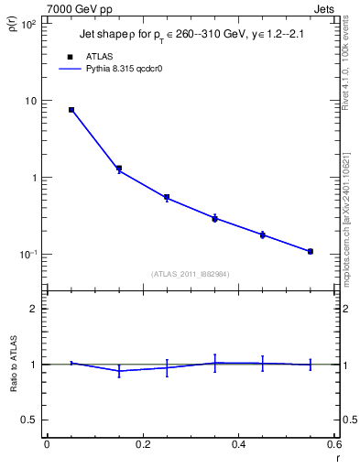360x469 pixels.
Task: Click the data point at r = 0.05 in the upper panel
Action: [71, 110]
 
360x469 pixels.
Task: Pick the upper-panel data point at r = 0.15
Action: [119, 169]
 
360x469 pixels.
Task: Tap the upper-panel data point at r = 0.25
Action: [167, 197]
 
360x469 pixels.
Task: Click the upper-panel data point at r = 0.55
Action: [311, 251]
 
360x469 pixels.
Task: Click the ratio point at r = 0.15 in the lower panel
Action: [119, 370]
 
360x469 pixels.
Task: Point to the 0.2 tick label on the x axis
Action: [142, 443]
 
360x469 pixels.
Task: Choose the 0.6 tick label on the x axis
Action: [334, 443]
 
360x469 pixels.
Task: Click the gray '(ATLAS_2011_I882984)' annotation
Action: [191, 273]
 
